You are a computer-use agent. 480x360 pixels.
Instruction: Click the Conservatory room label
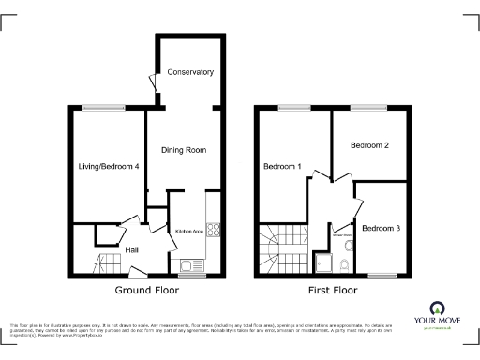point(190,72)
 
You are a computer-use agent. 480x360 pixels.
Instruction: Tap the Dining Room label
point(184,150)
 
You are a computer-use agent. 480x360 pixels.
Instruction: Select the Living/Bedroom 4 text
point(108,167)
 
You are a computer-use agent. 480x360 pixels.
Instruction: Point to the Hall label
point(133,250)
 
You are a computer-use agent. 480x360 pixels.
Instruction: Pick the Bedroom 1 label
point(282,167)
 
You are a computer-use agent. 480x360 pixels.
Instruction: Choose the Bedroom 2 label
point(369,146)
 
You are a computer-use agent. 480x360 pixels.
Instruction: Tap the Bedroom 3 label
point(382,229)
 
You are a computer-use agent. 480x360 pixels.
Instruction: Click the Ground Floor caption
point(147,291)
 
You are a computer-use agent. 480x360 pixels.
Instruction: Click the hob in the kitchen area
point(213,230)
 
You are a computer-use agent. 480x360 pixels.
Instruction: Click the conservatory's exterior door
point(151,85)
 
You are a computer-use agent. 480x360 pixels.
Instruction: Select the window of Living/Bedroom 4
point(97,107)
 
